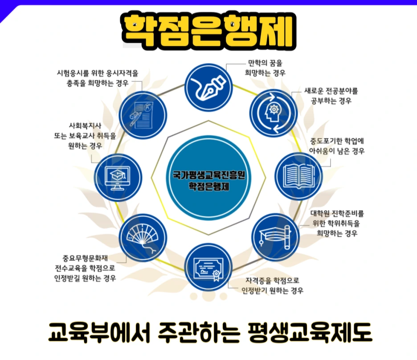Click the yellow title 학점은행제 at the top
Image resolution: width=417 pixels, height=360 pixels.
(208, 31)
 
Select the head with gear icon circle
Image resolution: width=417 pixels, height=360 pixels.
(272, 112)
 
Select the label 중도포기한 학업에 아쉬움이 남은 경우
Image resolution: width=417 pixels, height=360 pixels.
(337, 146)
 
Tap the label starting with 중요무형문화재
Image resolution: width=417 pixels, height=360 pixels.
(83, 268)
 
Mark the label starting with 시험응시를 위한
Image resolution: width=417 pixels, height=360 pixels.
(98, 77)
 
